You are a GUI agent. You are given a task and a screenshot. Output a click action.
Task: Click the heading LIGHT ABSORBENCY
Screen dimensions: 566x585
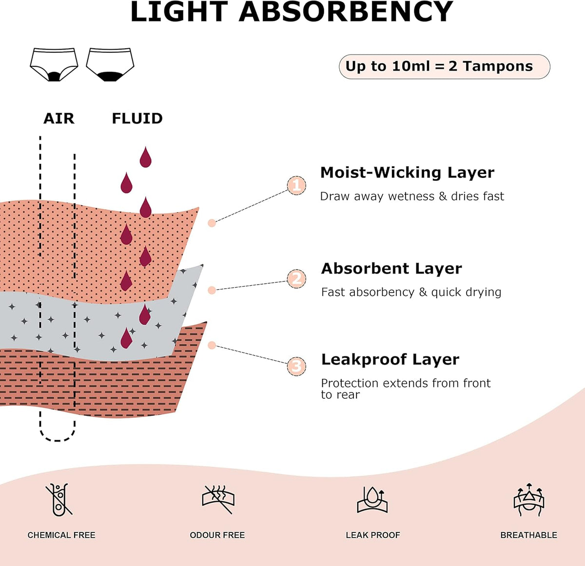[292, 12]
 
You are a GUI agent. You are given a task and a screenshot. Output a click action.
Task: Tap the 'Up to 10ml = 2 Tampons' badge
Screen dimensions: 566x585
[444, 66]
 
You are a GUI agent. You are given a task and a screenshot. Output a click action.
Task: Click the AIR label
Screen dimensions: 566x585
[59, 118]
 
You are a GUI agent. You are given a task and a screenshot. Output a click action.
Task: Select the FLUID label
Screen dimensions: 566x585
[137, 118]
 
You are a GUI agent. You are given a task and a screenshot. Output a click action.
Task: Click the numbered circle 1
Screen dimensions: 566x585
[296, 185]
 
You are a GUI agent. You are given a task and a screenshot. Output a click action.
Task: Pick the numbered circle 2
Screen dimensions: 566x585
[296, 279]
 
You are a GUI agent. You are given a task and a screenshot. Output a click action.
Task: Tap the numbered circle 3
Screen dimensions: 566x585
[296, 366]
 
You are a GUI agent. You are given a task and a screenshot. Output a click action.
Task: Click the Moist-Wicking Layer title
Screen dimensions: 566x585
[407, 173]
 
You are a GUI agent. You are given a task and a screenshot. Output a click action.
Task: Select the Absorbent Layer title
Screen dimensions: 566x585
[391, 269]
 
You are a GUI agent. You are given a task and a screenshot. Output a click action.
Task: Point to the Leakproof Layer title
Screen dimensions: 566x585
[390, 360]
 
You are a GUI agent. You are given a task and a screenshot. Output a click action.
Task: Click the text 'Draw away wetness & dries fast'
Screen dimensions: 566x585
[412, 196]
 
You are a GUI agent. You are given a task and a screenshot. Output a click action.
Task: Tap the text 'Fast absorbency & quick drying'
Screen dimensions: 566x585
[411, 292]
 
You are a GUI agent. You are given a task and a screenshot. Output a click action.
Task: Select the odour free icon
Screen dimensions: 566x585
[218, 499]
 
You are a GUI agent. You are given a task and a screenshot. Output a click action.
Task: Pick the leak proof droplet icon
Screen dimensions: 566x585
[372, 499]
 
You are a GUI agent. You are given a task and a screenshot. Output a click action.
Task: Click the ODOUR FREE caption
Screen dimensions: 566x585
[217, 535]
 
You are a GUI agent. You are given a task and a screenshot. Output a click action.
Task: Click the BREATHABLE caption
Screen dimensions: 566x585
[528, 535]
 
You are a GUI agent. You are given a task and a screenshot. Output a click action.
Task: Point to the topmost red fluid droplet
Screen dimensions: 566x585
[145, 157]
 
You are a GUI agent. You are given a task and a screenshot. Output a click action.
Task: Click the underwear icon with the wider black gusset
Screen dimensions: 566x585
[110, 65]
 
